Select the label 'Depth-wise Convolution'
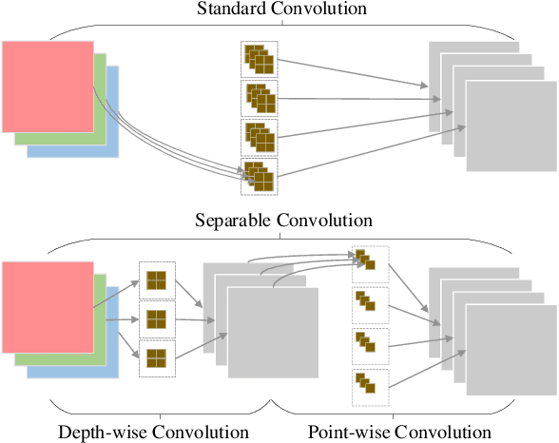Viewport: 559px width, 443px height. (x=152, y=432)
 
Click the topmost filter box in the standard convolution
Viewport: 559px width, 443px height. (x=259, y=59)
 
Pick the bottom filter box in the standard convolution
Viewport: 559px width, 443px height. (x=259, y=177)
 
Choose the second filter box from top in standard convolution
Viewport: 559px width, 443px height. (x=259, y=98)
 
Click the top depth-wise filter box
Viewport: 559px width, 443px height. (x=156, y=281)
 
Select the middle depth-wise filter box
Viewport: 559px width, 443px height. (x=156, y=319)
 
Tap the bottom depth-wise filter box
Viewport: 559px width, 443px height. (x=156, y=358)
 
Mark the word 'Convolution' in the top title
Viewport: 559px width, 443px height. (x=318, y=10)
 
